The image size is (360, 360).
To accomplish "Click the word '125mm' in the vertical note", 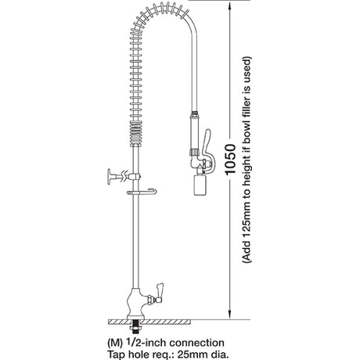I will pyautogui.click(x=247, y=220).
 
